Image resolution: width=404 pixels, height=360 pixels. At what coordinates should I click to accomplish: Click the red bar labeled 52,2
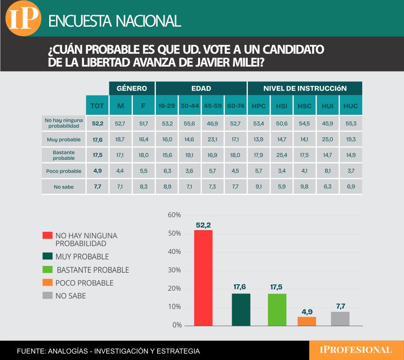[x=203, y=277]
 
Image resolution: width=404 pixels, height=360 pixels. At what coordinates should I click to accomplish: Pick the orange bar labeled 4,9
[x=307, y=321]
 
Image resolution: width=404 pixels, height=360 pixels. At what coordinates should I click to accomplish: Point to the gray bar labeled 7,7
[x=340, y=318]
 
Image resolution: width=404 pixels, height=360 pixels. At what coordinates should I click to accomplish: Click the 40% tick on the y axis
[x=175, y=252]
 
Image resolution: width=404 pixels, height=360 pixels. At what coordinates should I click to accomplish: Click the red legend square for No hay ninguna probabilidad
[x=47, y=235]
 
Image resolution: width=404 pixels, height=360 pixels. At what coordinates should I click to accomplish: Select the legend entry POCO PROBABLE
[x=84, y=283]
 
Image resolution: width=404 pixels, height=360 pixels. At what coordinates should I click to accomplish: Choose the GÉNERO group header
[x=131, y=88]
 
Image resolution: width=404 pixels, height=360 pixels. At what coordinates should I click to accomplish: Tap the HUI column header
[x=327, y=106]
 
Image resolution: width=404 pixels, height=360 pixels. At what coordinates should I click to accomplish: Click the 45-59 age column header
[x=212, y=106]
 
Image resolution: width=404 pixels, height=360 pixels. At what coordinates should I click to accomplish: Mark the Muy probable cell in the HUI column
[x=327, y=139]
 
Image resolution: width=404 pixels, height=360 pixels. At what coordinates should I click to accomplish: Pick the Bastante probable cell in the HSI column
[x=282, y=155]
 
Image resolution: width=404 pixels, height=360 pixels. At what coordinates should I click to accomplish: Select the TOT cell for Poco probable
[x=97, y=171]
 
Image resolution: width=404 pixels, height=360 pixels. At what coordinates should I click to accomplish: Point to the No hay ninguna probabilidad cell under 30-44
[x=189, y=123]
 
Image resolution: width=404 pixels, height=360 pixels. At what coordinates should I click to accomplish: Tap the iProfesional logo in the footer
[x=355, y=350]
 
